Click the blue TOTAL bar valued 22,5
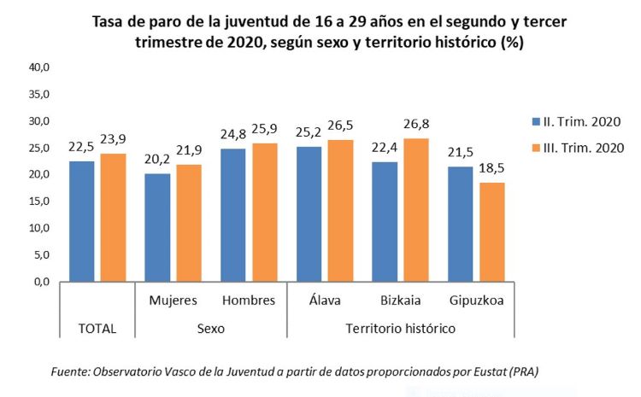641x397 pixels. point(82,221)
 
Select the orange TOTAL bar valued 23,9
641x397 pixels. point(112,218)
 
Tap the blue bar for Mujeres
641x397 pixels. point(157,227)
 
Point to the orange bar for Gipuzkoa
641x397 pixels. point(491,231)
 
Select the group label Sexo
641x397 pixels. point(210,328)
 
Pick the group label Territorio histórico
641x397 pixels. point(400,328)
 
